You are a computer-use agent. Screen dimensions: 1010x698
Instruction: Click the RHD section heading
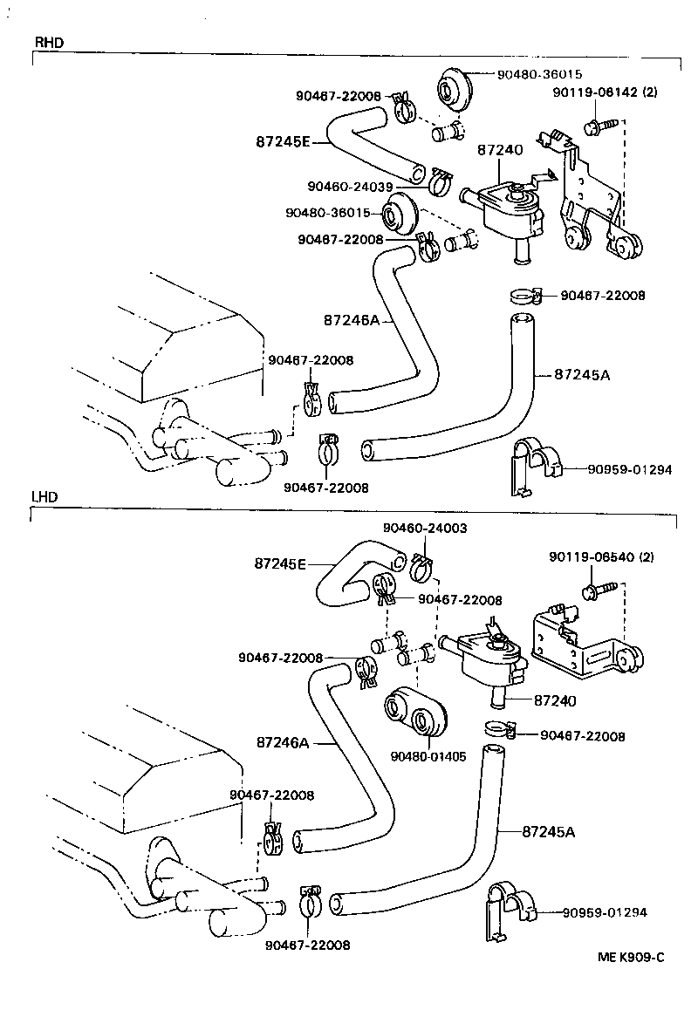pyautogui.click(x=49, y=42)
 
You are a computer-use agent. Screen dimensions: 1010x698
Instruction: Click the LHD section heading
pyautogui.click(x=45, y=496)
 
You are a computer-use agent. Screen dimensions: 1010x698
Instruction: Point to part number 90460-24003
pyautogui.click(x=425, y=529)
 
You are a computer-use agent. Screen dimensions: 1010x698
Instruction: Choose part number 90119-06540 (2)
pyautogui.click(x=602, y=556)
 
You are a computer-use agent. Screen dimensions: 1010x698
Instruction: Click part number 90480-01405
pyautogui.click(x=428, y=756)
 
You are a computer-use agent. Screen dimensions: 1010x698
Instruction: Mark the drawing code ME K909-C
pyautogui.click(x=631, y=957)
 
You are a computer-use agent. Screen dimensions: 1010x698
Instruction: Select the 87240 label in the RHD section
pyautogui.click(x=500, y=150)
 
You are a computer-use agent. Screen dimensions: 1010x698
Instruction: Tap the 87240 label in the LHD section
pyautogui.click(x=556, y=699)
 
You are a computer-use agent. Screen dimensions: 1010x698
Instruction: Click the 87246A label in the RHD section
pyautogui.click(x=351, y=320)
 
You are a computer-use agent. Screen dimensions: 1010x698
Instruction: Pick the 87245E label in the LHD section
pyautogui.click(x=280, y=563)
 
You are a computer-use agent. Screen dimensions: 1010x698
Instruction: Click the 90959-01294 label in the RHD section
pyautogui.click(x=629, y=469)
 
